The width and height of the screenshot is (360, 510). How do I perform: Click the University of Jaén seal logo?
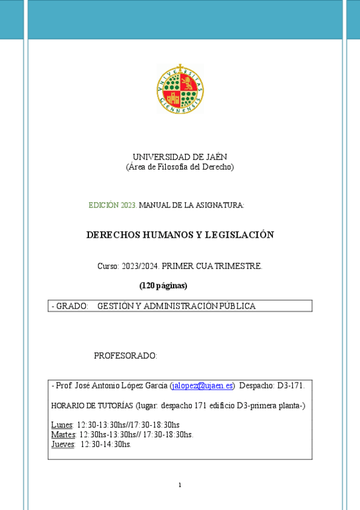(180, 89)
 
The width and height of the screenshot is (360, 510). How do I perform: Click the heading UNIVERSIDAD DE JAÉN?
(180, 157)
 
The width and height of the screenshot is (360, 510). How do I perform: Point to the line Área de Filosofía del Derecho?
(180, 167)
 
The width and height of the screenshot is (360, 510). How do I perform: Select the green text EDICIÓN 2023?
(112, 206)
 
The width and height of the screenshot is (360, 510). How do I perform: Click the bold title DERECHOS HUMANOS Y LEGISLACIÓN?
(180, 235)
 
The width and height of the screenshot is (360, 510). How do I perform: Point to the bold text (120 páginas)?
(163, 285)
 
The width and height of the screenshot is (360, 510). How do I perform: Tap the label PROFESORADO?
(125, 356)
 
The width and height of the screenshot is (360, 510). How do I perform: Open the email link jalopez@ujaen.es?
(202, 386)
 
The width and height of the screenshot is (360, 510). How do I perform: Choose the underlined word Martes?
(63, 435)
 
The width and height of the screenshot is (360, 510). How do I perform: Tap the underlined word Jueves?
(63, 444)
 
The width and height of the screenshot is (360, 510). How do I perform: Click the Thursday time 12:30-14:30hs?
(106, 444)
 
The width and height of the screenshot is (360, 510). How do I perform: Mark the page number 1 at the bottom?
(180, 485)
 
